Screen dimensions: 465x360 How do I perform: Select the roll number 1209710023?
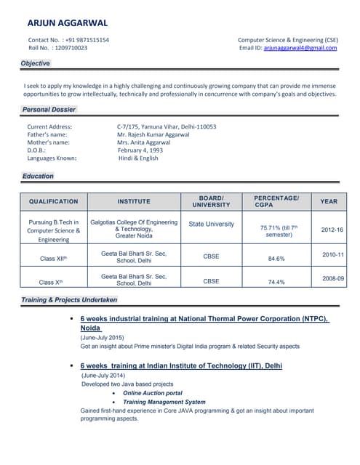[71, 48]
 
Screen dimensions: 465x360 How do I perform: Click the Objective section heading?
[36, 64]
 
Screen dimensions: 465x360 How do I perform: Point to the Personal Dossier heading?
[49, 110]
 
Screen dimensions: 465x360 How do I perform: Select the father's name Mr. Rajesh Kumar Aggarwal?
[153, 134]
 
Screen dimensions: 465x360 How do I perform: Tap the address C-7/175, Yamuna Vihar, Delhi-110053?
[167, 126]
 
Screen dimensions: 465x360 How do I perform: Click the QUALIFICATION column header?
[53, 201]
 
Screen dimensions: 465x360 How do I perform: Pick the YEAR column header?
[329, 201]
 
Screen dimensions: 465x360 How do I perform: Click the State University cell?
[211, 225]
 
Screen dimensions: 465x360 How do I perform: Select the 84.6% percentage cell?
[276, 258]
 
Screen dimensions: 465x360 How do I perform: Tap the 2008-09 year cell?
[333, 278]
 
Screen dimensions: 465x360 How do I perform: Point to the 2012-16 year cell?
[332, 230]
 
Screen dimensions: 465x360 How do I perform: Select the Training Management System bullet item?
[164, 402]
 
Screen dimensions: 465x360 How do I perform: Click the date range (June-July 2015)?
[102, 338]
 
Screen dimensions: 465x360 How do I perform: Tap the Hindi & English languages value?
[138, 158]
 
